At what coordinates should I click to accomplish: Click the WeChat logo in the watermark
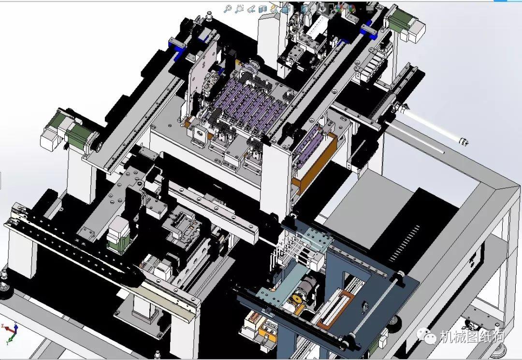pyautogui.click(x=426, y=335)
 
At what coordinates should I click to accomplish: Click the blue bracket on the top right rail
pyautogui.click(x=368, y=30)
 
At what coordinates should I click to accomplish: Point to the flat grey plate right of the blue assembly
pyautogui.click(x=367, y=203)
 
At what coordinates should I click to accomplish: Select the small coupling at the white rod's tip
pyautogui.click(x=464, y=142)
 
